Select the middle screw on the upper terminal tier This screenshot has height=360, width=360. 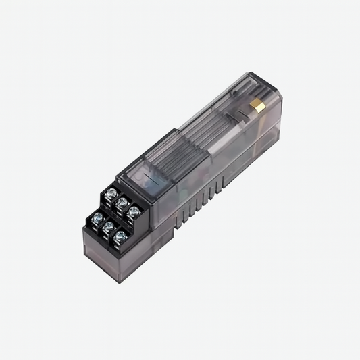tap(122, 201)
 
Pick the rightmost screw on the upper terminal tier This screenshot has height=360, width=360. tap(134, 211)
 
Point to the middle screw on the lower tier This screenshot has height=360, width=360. tap(109, 227)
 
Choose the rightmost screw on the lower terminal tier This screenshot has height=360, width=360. tap(120, 236)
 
